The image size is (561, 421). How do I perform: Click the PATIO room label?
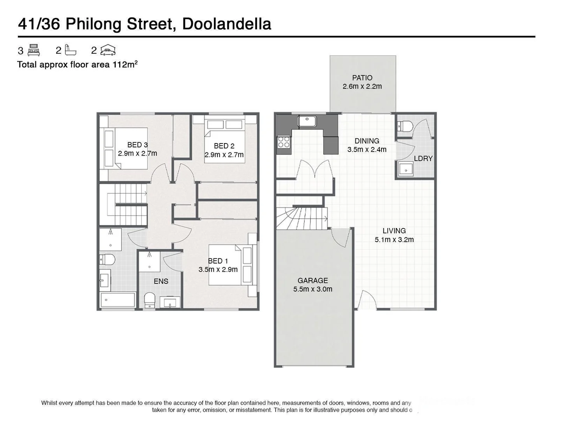362,78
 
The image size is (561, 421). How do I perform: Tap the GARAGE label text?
312,280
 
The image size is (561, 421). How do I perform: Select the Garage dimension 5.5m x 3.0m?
312,289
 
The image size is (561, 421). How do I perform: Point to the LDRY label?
423,159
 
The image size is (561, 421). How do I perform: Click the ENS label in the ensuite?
161,281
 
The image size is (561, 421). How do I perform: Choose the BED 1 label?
218,261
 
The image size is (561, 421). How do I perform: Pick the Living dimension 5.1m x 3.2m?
394,240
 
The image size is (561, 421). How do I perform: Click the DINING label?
367,141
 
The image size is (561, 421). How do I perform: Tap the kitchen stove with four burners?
283,142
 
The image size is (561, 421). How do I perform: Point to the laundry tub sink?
406,170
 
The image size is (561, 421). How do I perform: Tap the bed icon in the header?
34,50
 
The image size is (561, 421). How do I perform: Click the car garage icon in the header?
108,50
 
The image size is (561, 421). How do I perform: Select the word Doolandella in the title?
226,24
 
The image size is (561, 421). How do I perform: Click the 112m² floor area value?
125,64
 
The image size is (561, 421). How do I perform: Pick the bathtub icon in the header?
71,50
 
